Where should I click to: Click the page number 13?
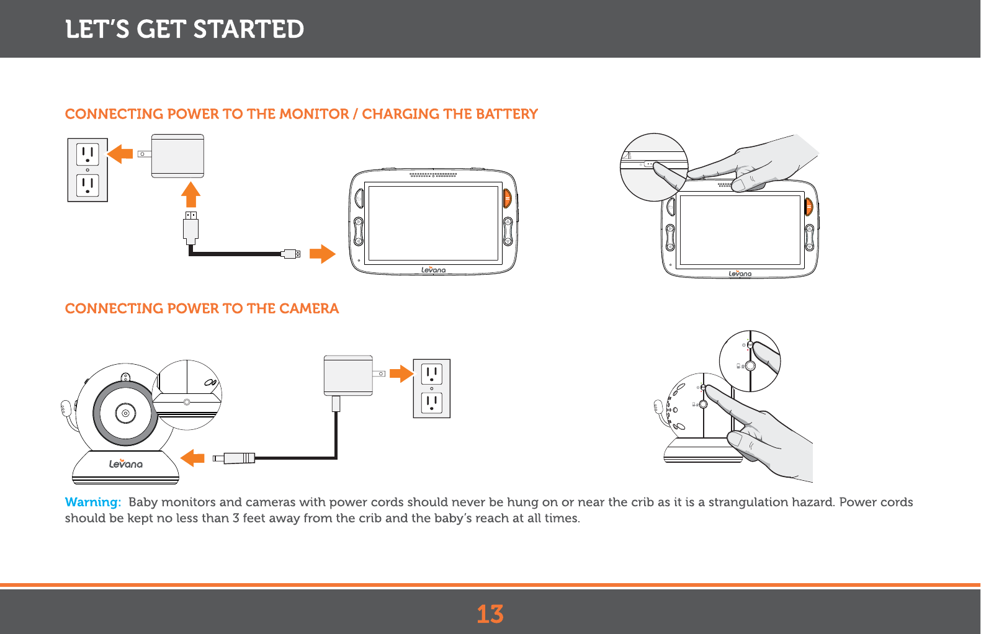[490, 614]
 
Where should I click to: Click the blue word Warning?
[93, 502]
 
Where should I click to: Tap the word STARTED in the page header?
[248, 29]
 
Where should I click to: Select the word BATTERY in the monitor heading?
[507, 114]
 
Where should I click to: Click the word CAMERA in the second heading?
[309, 308]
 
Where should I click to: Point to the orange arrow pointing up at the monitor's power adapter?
[190, 194]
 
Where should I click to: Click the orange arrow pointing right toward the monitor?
[322, 254]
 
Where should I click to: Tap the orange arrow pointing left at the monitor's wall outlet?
[120, 154]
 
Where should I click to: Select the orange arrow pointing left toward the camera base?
[193, 458]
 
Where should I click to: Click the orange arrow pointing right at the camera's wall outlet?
[401, 374]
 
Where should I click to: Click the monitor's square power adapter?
[177, 156]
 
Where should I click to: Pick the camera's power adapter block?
[348, 376]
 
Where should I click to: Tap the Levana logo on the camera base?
[126, 463]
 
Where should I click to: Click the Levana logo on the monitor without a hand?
[434, 270]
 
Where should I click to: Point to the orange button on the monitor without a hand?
[507, 199]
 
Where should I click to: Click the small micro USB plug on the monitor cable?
[291, 254]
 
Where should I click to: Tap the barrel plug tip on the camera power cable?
[218, 458]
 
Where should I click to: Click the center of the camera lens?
[126, 413]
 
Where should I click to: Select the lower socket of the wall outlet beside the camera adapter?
[432, 403]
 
